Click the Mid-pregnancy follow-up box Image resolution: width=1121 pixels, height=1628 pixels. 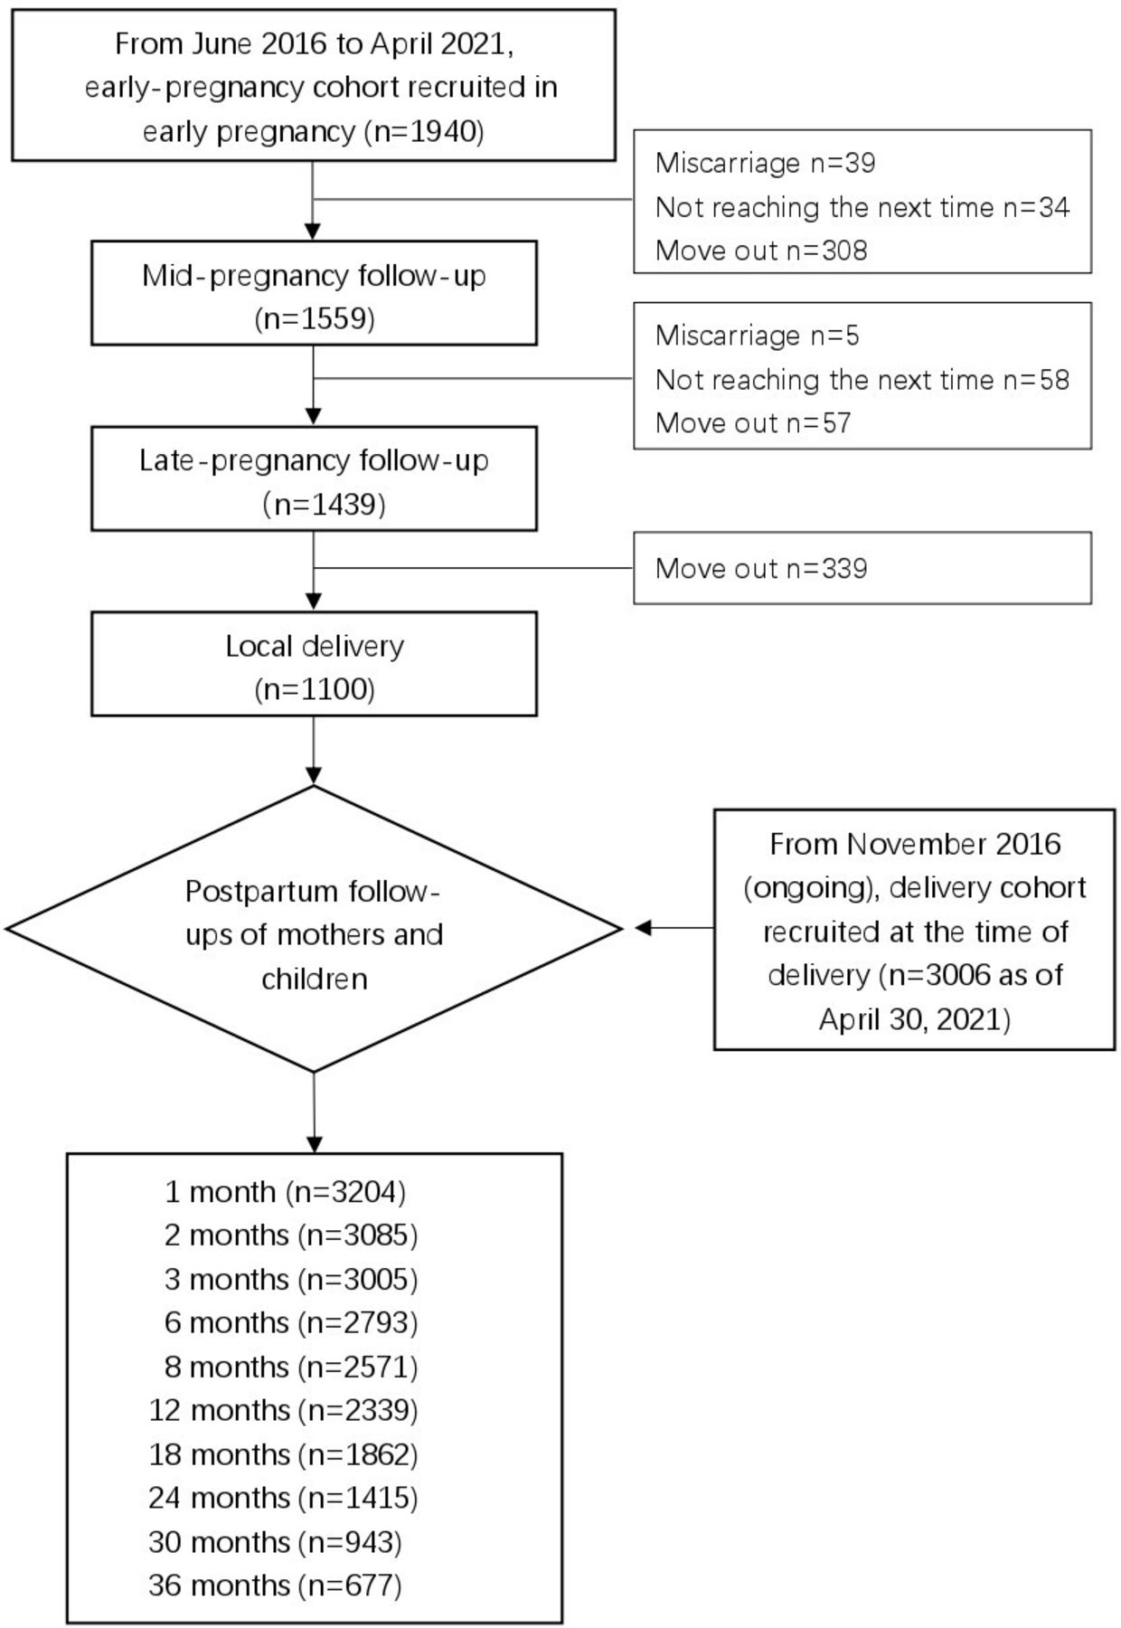pyautogui.click(x=314, y=292)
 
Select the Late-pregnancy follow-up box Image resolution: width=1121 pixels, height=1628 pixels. pyautogui.click(x=314, y=478)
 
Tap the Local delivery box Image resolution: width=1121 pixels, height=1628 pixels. pyautogui.click(x=314, y=664)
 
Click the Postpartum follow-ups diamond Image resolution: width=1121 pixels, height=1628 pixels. pyautogui.click(x=314, y=929)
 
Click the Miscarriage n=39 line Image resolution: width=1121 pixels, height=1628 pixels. pyautogui.click(x=766, y=163)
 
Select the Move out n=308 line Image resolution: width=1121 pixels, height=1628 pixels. pyautogui.click(x=761, y=251)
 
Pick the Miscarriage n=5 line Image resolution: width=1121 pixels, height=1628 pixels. pyautogui.click(x=758, y=336)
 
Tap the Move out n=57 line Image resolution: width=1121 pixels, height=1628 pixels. pyautogui.click(x=753, y=423)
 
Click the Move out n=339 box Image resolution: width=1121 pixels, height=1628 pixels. pyautogui.click(x=862, y=568)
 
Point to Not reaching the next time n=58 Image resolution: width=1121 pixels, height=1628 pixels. pyautogui.click(x=862, y=380)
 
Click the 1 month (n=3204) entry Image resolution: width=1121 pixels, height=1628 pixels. pyautogui.click(x=285, y=1192)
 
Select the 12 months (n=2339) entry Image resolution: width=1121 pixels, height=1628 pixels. pyautogui.click(x=284, y=1410)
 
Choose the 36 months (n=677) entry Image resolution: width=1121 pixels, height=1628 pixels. pyautogui.click(x=275, y=1585)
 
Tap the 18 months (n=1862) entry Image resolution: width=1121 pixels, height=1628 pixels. pyautogui.click(x=284, y=1454)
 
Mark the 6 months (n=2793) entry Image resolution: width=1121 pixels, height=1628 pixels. pyautogui.click(x=291, y=1323)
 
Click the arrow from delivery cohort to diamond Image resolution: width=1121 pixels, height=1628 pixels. pyautogui.click(x=674, y=928)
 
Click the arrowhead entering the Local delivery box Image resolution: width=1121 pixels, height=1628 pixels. pyautogui.click(x=314, y=602)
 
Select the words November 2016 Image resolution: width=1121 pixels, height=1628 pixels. pyautogui.click(x=954, y=844)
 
